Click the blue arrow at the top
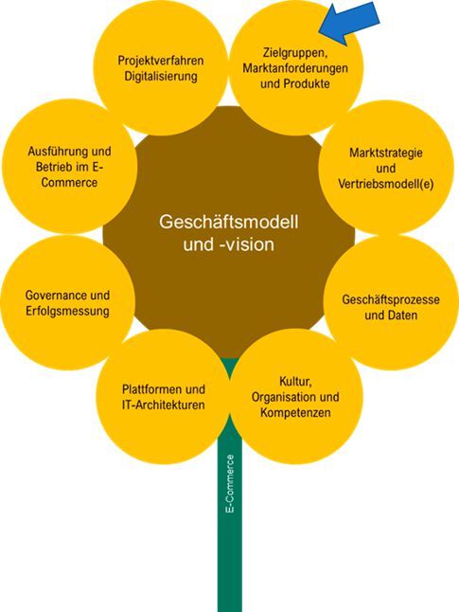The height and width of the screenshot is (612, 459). pos(351,21)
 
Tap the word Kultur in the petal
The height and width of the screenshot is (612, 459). pos(295,379)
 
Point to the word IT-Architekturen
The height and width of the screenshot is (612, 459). pos(164,405)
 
